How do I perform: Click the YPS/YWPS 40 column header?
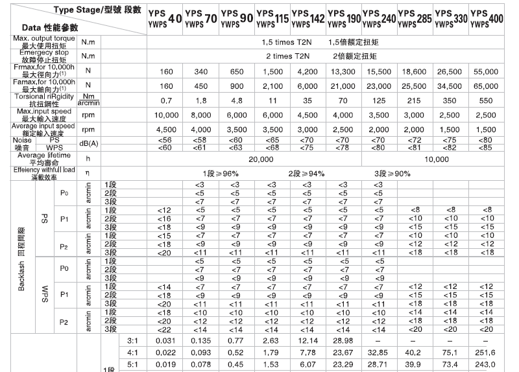pyautogui.click(x=165, y=17)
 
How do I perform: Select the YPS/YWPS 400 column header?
pyautogui.click(x=487, y=17)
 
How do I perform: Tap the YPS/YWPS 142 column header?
pyautogui.click(x=308, y=17)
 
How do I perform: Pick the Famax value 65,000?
pyautogui.click(x=487, y=86)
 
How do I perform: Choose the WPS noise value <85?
pyautogui.click(x=487, y=147)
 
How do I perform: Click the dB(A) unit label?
pyautogui.click(x=88, y=143)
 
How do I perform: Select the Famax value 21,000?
pyautogui.click(x=343, y=86)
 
